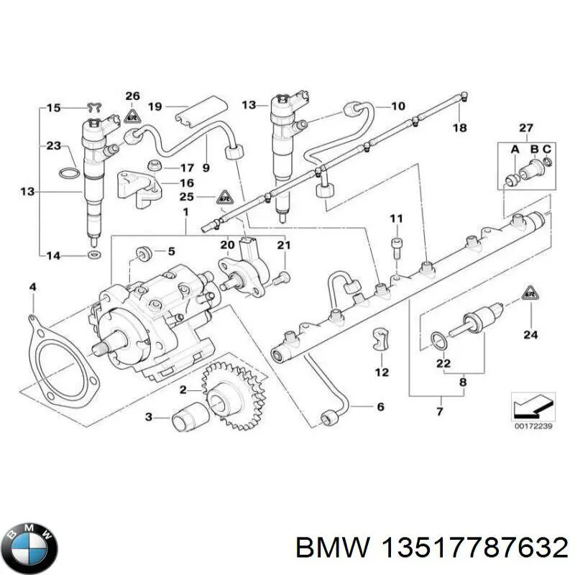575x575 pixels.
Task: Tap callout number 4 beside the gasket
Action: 32,288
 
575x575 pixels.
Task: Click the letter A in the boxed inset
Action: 514,149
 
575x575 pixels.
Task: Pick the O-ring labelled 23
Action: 67,173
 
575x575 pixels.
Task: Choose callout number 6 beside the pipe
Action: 380,407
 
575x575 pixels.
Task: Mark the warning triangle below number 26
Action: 131,115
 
